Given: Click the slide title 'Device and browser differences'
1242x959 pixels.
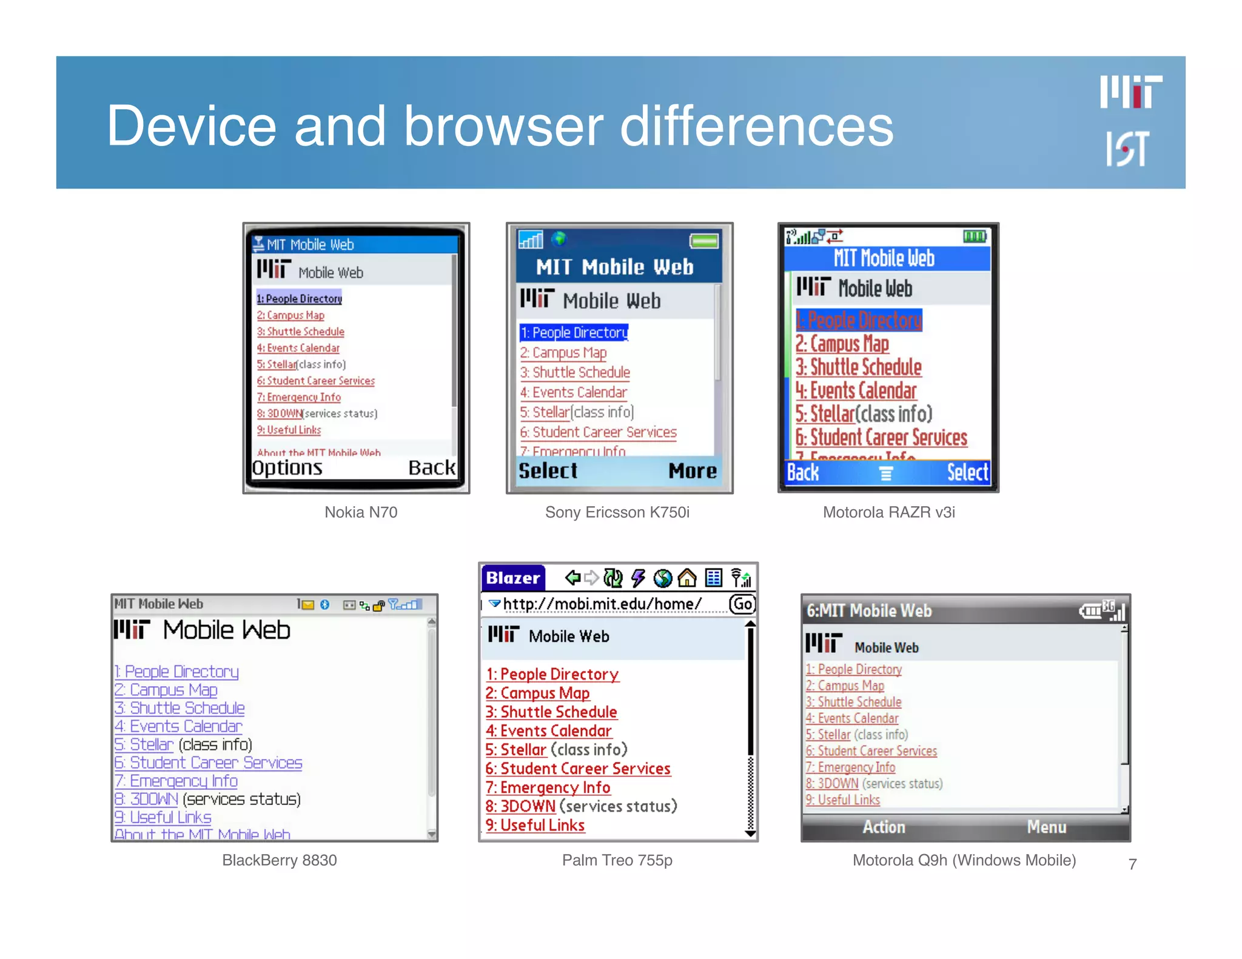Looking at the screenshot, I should click(500, 125).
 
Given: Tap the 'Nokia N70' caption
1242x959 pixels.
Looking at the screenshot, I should click(361, 512).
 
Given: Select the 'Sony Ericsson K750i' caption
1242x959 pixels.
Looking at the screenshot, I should click(617, 512).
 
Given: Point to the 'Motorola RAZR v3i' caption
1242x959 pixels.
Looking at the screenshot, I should click(888, 512).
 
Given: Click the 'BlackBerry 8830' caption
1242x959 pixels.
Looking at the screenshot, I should click(279, 860).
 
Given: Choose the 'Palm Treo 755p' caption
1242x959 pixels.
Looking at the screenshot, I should click(617, 860).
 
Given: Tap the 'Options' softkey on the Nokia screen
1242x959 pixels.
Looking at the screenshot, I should click(287, 468).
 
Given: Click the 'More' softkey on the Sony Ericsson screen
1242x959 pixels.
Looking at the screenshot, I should click(692, 471).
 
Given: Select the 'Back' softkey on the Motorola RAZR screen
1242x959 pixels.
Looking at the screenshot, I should click(803, 472).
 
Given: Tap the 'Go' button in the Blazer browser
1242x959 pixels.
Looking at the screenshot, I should click(742, 604).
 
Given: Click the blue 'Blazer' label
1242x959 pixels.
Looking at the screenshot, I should click(513, 578).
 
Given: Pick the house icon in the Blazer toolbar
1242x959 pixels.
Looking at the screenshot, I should click(687, 578).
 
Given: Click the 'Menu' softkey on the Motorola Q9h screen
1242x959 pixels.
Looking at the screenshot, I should click(1046, 827).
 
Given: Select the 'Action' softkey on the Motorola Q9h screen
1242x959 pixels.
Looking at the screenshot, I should click(884, 827).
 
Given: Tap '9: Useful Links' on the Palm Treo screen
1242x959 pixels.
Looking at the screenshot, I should click(535, 825).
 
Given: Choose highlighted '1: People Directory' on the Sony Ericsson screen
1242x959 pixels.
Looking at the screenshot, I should click(574, 333).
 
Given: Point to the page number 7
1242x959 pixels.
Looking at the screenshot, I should click(1132, 864).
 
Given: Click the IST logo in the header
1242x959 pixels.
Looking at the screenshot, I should click(1127, 149).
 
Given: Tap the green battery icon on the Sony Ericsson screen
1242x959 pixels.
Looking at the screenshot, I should click(703, 241).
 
